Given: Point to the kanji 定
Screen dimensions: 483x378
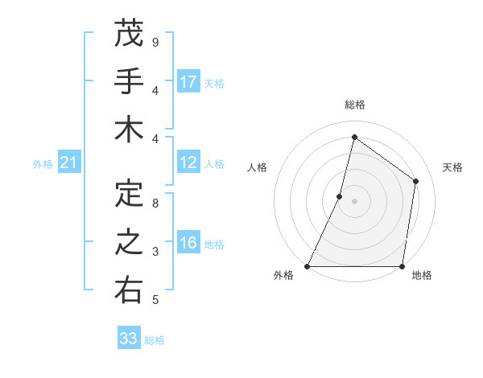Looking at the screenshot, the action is (129, 194).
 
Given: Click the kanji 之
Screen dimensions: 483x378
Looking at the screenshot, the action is (129, 242).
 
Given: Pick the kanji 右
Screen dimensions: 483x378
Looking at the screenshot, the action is (129, 290).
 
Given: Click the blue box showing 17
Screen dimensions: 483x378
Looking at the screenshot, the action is (188, 82).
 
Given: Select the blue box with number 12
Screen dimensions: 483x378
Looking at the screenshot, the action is (188, 163).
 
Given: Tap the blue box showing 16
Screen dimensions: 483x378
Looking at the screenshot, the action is (188, 244).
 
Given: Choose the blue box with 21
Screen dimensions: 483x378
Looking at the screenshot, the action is (69, 163).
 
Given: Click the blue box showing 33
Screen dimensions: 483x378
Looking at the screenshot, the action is (129, 339).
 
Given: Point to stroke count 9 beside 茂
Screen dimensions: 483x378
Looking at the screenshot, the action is (155, 42).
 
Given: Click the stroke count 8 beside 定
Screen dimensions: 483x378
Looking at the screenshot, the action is (155, 203).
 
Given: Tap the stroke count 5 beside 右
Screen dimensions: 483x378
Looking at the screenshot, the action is (155, 300).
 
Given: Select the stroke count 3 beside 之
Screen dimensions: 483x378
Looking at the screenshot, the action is (155, 252).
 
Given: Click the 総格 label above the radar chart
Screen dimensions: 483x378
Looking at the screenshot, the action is (355, 105).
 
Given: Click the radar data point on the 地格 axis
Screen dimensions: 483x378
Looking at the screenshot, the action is (402, 266).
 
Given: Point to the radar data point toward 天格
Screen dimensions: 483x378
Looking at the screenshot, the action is (415, 181).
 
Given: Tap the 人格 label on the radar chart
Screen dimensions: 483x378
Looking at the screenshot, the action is (258, 167).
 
